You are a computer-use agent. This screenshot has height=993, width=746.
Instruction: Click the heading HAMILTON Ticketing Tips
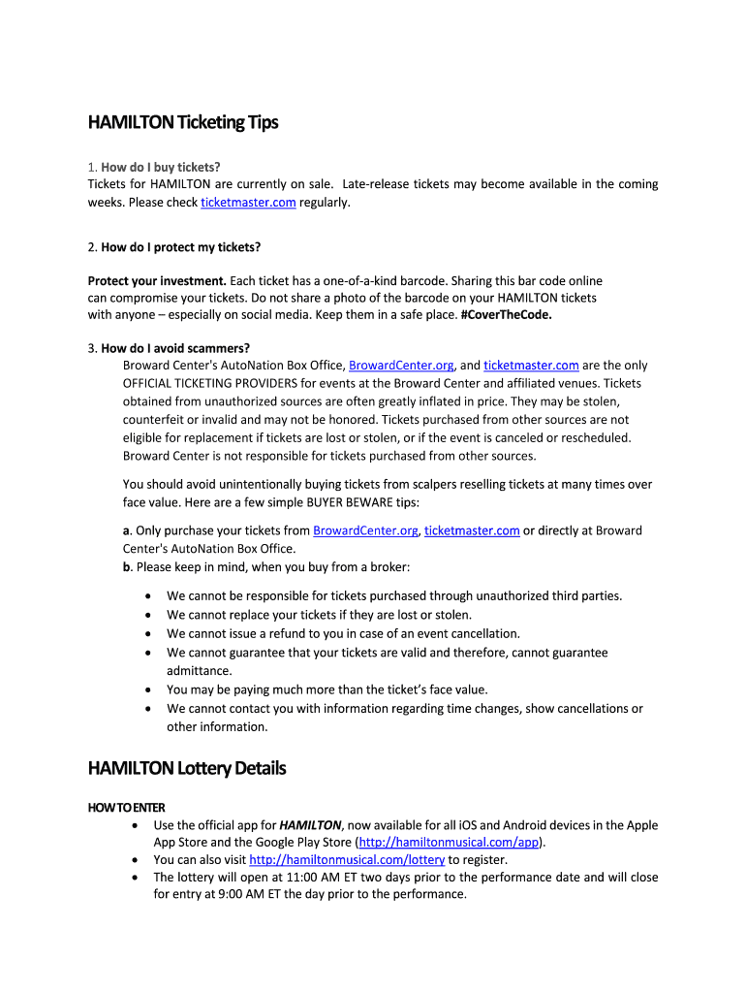[183, 122]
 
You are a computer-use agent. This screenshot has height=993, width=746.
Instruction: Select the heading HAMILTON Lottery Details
[187, 768]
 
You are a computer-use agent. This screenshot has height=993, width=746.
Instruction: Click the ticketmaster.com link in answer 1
[248, 203]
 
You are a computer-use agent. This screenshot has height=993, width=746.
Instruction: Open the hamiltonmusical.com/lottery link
[347, 859]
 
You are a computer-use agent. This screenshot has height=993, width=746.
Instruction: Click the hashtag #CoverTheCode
[509, 314]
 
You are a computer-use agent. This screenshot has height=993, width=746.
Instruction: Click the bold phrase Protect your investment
[157, 281]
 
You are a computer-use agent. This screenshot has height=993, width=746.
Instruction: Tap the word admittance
[200, 670]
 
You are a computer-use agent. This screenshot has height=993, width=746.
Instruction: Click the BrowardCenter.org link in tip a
[365, 530]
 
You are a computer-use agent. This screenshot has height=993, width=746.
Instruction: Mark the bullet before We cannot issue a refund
[147, 633]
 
